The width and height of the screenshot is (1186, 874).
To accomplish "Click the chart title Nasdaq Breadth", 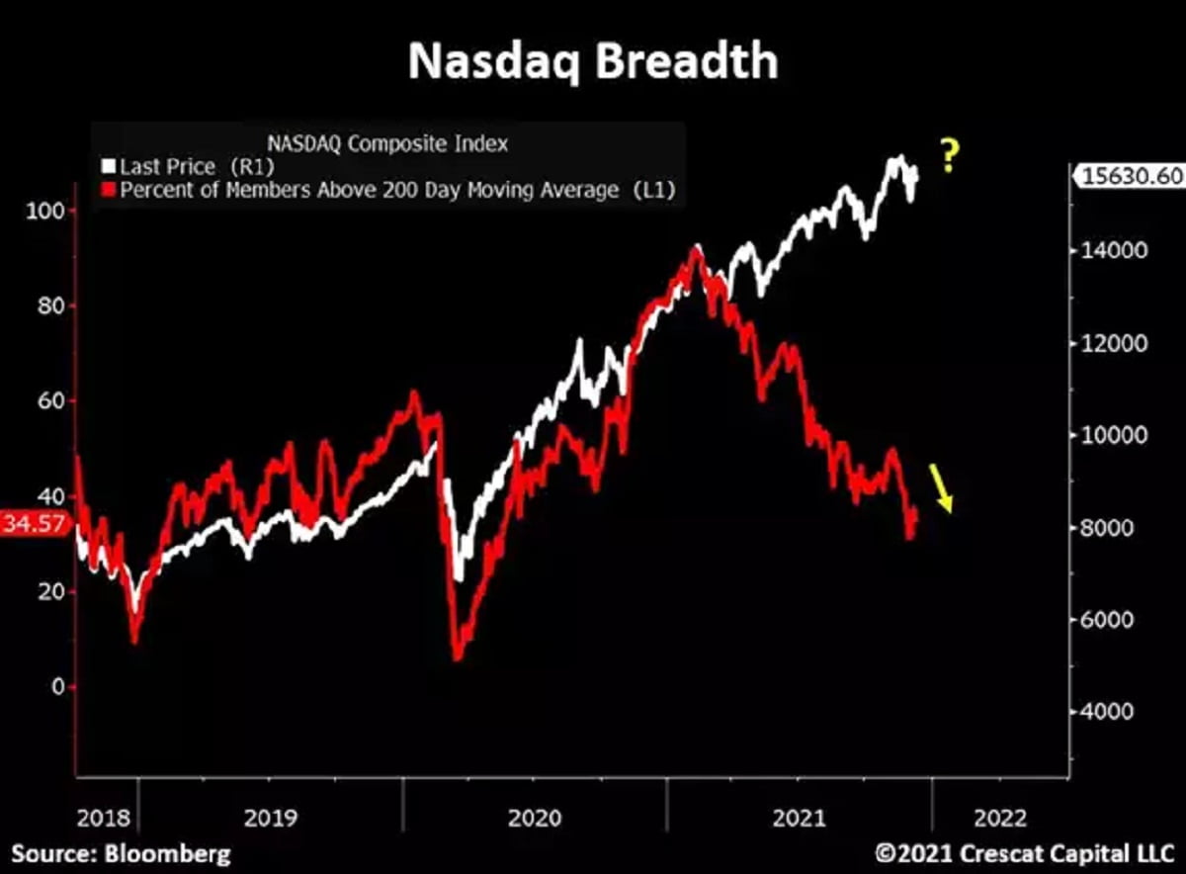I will pyautogui.click(x=592, y=61).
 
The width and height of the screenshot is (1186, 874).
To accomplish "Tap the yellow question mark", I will pyautogui.click(x=949, y=157).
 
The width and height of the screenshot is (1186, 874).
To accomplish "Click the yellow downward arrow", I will pyautogui.click(x=940, y=488).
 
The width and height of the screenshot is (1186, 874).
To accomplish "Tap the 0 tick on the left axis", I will pyautogui.click(x=56, y=686).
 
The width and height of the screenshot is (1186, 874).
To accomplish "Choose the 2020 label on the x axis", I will pyautogui.click(x=534, y=819).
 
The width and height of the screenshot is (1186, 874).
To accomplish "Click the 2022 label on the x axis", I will pyautogui.click(x=999, y=819).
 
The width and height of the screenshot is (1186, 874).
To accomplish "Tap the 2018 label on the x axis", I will pyautogui.click(x=102, y=819).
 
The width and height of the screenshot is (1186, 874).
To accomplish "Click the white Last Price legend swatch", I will pyautogui.click(x=110, y=167).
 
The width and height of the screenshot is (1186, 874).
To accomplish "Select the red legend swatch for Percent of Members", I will pyautogui.click(x=110, y=191).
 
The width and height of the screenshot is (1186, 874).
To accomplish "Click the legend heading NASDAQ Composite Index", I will pyautogui.click(x=387, y=143).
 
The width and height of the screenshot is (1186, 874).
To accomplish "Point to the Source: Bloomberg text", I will pyautogui.click(x=121, y=853).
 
